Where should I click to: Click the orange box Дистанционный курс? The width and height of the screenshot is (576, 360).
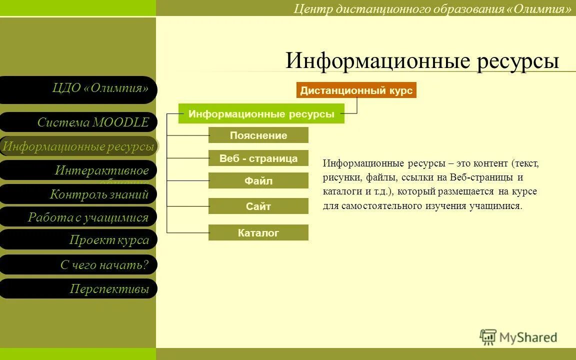[x=356, y=90]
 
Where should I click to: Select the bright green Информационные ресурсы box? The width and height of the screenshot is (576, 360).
[x=261, y=114]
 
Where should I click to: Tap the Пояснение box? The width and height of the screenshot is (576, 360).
[x=258, y=135]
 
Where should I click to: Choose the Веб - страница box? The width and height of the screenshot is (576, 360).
[x=258, y=158]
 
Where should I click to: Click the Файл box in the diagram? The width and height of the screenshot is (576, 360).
[x=258, y=181]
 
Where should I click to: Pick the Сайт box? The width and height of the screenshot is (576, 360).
[x=258, y=206]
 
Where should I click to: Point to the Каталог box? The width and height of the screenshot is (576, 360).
[x=258, y=232]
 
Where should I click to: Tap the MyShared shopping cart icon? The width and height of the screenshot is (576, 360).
[x=487, y=337]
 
